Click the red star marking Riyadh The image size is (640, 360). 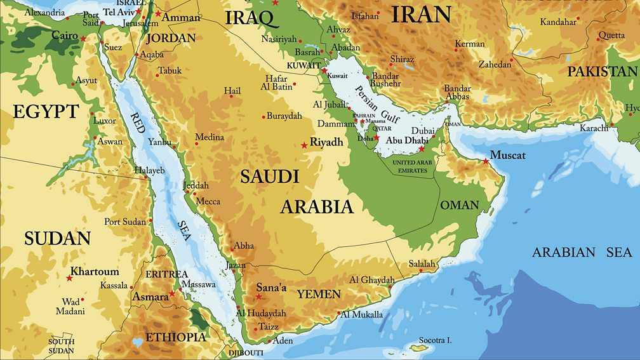coord(304,145)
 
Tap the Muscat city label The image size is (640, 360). coord(509,154)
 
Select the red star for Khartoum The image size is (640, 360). coord(69,278)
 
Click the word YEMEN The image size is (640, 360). coord(319,295)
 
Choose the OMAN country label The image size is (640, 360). coord(459,205)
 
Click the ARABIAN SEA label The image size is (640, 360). coord(582,253)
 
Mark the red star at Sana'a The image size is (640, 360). coord(258,296)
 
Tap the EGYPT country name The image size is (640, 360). coord(46,112)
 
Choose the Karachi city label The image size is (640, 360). coord(594,128)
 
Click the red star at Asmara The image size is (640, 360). coord(171,294)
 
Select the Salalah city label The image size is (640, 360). coord(422,263)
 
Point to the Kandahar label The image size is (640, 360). coord(558,22)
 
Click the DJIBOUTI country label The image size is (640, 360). coord(245,352)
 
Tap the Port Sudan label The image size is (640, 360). coord(124,222)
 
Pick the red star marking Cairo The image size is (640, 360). coord(83,38)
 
